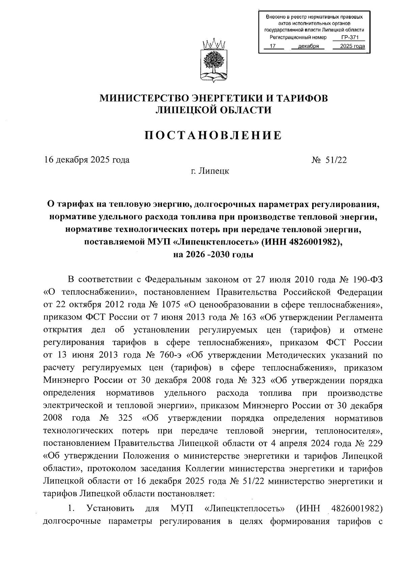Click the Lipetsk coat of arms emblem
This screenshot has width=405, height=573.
click(213, 61)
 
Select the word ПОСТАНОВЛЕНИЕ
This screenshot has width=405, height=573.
click(213, 135)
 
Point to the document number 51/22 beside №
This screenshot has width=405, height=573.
click(336, 160)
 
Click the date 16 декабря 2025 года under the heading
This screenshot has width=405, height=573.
click(87, 160)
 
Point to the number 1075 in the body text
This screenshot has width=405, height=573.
click(171, 305)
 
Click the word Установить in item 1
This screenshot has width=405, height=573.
click(110, 509)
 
